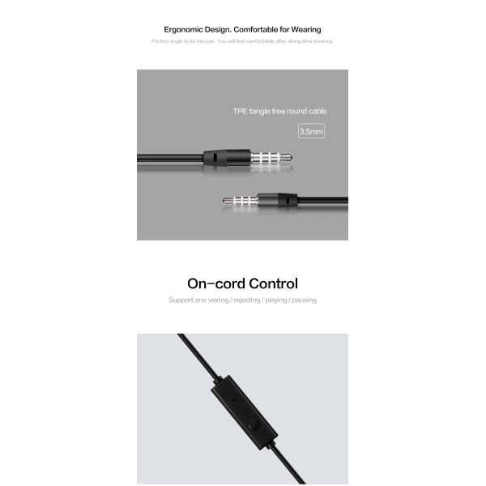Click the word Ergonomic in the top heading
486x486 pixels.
183,30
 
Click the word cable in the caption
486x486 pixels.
317,111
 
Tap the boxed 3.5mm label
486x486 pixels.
311,130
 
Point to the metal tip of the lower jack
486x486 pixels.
228,198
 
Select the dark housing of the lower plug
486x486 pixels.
288,198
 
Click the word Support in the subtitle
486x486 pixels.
181,300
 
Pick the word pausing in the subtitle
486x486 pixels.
304,300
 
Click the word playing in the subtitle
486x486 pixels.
275,300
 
